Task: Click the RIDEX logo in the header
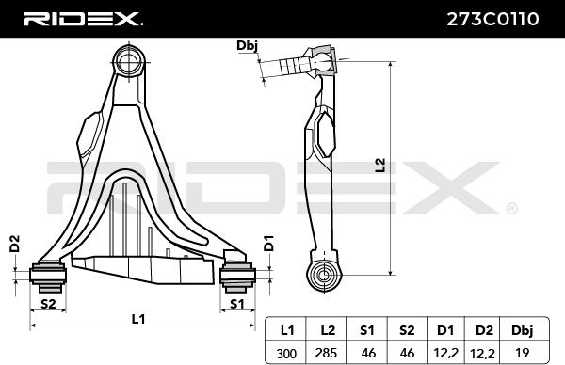pos(83,18)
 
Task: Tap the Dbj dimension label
pos(248,44)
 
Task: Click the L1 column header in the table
pos(287,330)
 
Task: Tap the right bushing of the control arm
pos(236,275)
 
